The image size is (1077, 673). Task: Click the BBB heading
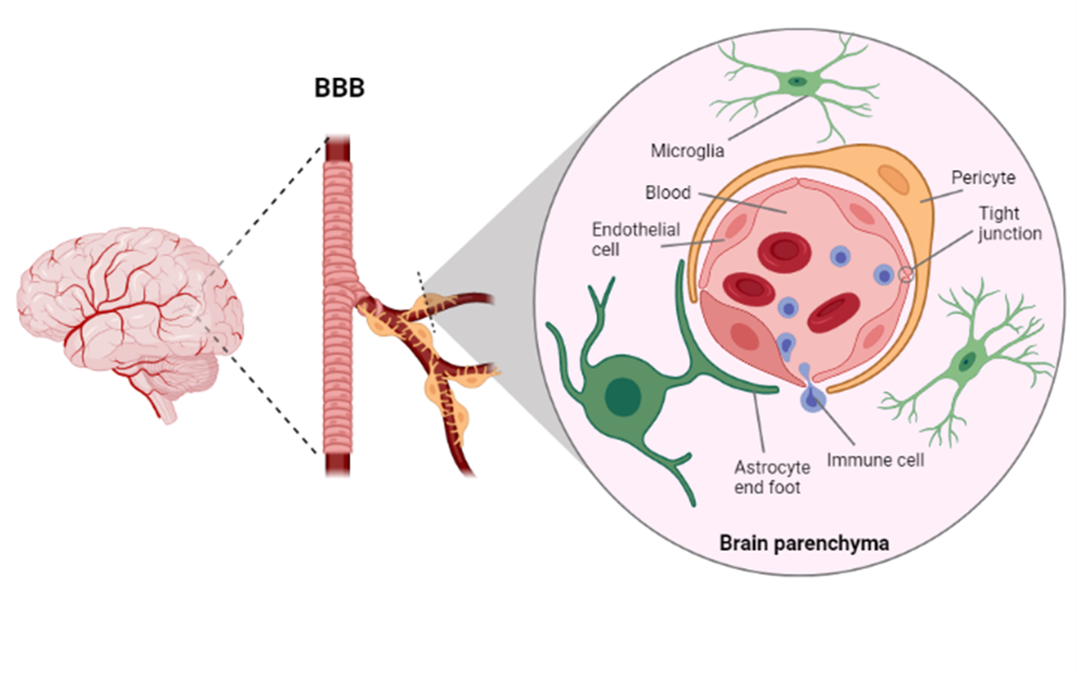tap(339, 92)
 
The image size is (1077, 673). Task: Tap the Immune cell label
tap(875, 460)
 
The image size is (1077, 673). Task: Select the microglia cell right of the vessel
tap(966, 362)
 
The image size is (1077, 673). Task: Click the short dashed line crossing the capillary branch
tap(425, 301)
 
